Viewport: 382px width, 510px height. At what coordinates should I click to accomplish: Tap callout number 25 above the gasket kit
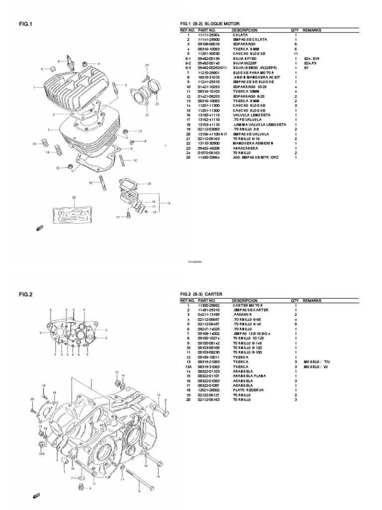[74, 198]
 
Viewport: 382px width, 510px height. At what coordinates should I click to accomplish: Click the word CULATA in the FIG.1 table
[240, 35]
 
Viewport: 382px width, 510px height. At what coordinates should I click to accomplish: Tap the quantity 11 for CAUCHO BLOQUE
[295, 54]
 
